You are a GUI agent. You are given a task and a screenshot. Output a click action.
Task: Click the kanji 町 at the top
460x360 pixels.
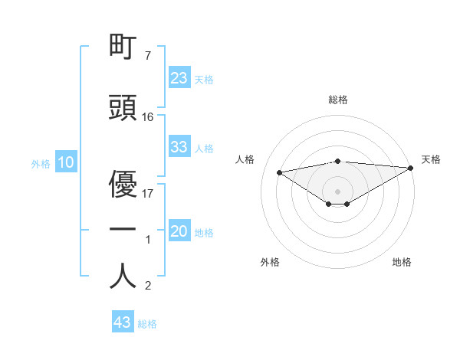123,47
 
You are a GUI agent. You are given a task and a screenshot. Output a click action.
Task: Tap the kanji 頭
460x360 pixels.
123,109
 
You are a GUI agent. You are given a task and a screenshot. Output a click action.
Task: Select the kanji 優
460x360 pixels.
123,185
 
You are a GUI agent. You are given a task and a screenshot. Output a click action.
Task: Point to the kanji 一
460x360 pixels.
123,231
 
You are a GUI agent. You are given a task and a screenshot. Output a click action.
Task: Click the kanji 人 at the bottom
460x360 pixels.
123,276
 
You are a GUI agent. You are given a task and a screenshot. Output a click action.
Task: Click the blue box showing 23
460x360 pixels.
179,78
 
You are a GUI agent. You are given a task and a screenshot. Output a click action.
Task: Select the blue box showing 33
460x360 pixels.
179,147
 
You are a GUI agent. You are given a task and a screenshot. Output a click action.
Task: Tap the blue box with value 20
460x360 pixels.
179,232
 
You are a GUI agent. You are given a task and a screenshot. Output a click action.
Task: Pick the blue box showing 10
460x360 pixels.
66,162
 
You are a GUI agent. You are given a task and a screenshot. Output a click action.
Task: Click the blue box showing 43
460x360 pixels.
123,322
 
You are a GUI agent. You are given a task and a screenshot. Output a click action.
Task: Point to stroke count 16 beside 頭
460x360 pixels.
148,117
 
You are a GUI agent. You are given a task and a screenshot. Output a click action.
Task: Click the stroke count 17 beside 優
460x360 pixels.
148,193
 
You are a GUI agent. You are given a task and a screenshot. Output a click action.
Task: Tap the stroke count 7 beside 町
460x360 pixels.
147,56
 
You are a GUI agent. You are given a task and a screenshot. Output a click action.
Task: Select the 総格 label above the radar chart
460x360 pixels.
338,100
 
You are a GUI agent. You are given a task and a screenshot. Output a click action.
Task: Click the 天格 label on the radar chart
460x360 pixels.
431,159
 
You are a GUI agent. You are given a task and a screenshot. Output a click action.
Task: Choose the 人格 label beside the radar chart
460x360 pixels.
245,159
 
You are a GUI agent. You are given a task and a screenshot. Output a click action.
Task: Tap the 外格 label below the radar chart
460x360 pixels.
270,262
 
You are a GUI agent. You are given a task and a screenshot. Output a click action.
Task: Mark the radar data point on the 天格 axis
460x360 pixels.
412,167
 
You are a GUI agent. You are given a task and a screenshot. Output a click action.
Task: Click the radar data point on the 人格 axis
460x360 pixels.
280,172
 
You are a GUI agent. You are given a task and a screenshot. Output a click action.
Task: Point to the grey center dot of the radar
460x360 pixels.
337,190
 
